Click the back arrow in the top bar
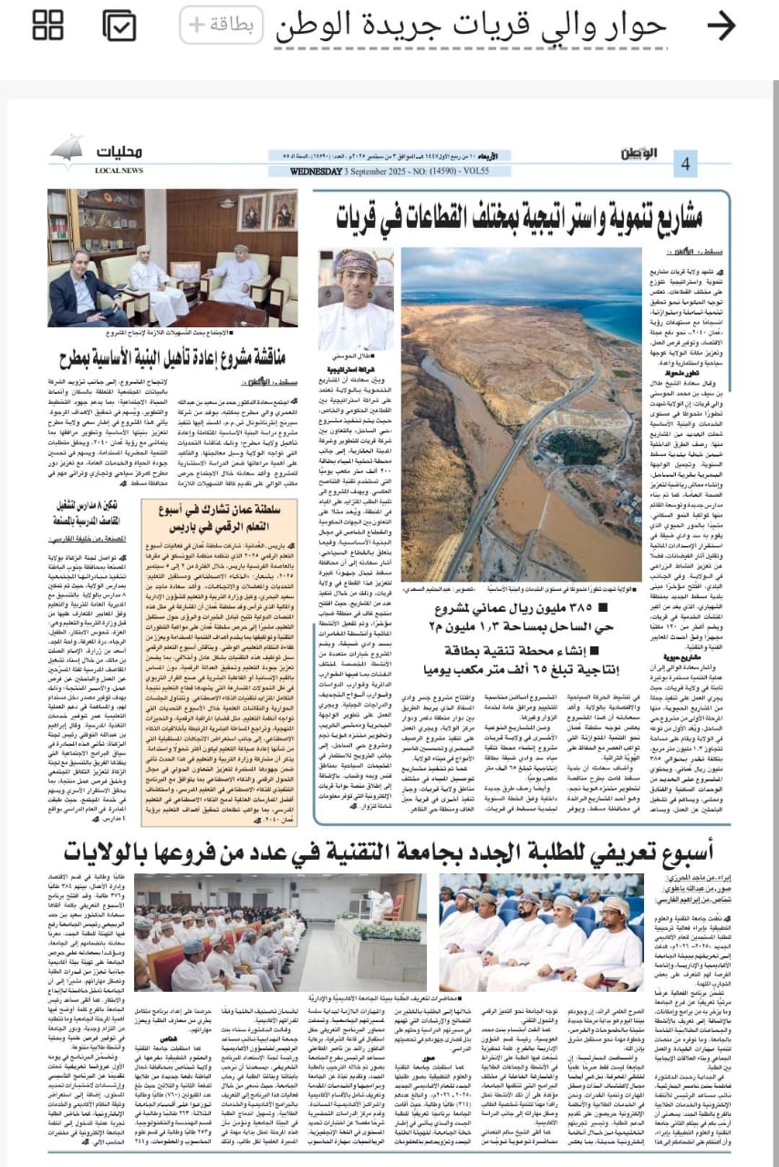click(x=721, y=26)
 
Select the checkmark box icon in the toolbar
click(x=119, y=26)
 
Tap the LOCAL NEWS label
click(x=119, y=170)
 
